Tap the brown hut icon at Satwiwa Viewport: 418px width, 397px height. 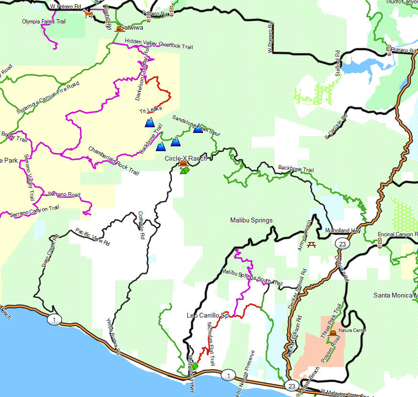click(x=119, y=29)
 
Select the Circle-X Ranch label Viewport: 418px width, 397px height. click(x=186, y=158)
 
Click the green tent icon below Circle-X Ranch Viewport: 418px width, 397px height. click(x=185, y=170)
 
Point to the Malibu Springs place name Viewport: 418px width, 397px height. click(x=251, y=221)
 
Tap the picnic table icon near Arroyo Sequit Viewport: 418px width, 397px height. click(x=312, y=244)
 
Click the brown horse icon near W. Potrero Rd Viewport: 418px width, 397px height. click(x=88, y=14)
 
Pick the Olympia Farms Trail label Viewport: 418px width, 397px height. click(x=44, y=22)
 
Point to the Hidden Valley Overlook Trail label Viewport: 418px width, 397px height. click(x=159, y=44)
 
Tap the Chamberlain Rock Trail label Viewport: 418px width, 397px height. click(x=113, y=161)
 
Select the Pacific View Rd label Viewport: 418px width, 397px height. click(x=93, y=237)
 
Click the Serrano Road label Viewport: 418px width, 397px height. click(x=64, y=195)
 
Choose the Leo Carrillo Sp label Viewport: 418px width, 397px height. click(x=208, y=316)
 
